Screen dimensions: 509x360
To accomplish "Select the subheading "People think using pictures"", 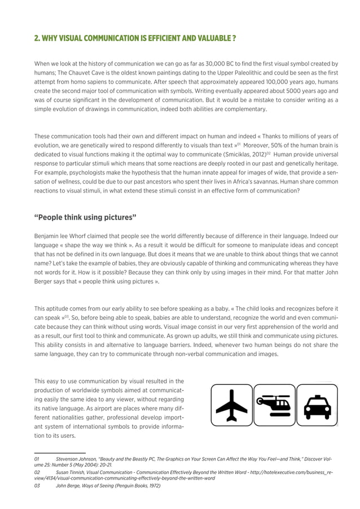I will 85,218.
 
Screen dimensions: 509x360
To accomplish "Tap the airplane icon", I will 231,405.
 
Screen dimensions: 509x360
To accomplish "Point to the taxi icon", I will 317,406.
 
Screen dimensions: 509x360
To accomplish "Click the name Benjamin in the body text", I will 49,236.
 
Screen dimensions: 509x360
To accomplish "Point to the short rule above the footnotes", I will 60,453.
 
